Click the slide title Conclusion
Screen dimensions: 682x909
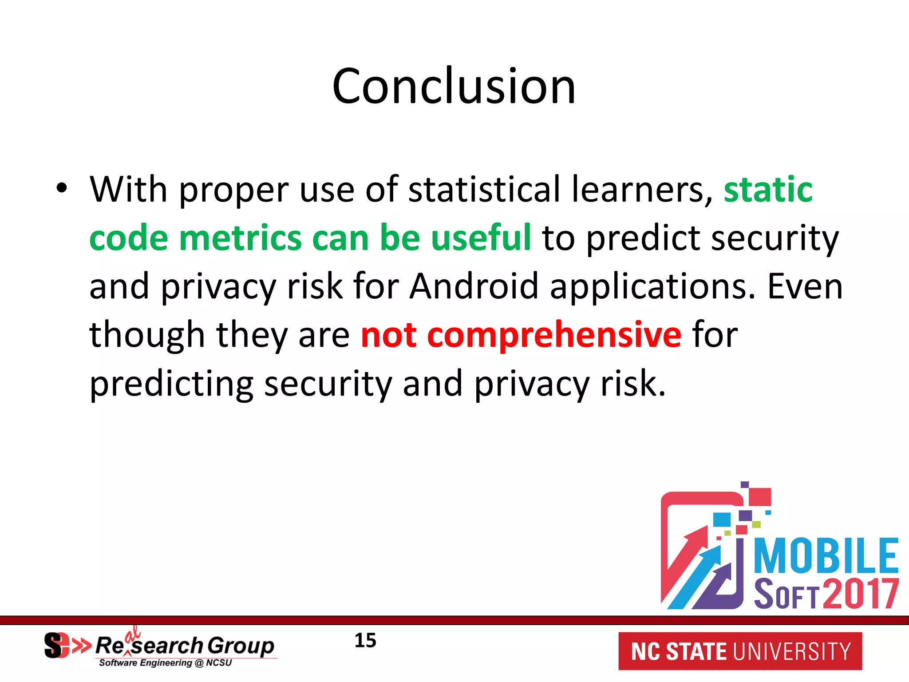click(x=454, y=86)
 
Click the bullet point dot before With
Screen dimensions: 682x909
click(x=62, y=188)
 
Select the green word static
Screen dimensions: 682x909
click(x=768, y=190)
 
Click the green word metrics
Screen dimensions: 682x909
click(x=240, y=238)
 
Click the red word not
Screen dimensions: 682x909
click(x=388, y=334)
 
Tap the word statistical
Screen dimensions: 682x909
click(x=484, y=190)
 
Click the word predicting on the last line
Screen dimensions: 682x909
click(x=171, y=384)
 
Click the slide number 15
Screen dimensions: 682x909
click(x=365, y=641)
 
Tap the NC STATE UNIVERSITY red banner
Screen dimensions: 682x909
click(x=740, y=651)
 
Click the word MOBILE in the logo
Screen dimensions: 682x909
click(x=826, y=556)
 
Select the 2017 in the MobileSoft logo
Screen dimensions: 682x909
click(x=861, y=594)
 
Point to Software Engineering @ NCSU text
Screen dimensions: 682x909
click(x=165, y=663)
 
